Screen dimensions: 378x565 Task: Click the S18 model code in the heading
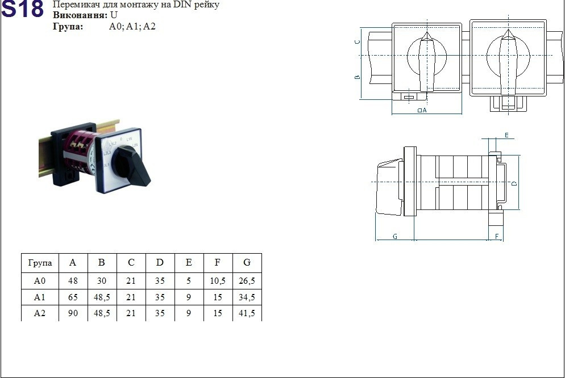coord(23,10)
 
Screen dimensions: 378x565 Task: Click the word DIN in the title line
coord(181,5)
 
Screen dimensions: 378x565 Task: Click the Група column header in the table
coord(40,263)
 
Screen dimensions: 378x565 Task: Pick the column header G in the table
coord(247,263)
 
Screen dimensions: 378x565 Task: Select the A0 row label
coord(40,280)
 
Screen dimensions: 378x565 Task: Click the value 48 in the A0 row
coord(73,280)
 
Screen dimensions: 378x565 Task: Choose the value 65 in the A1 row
coord(73,297)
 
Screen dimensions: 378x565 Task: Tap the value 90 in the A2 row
coord(73,313)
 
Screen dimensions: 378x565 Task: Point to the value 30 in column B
coord(102,280)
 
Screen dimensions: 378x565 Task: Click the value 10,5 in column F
coord(218,280)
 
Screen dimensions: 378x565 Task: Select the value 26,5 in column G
coord(247,280)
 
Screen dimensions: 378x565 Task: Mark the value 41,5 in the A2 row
coord(247,313)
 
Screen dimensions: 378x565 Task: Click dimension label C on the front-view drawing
coord(357,42)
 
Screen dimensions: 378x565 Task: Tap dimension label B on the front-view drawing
coord(357,77)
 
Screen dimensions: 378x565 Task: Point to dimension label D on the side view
coord(514,183)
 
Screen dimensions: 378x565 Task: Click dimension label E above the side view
coord(506,135)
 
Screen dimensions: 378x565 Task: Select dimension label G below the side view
coord(394,236)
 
